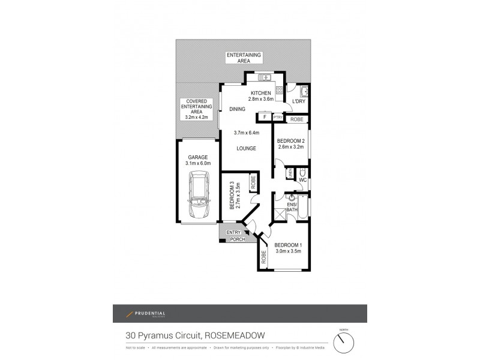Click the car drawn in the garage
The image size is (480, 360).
[199, 194]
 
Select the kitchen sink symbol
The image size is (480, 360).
[265, 78]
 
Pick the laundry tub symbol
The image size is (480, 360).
[304, 91]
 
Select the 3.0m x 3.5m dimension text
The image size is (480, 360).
[288, 251]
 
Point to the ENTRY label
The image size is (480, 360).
[233, 232]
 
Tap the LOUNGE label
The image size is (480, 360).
[247, 148]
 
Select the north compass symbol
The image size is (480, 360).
[344, 343]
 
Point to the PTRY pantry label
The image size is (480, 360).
[278, 117]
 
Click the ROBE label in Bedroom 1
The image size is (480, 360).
[263, 257]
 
